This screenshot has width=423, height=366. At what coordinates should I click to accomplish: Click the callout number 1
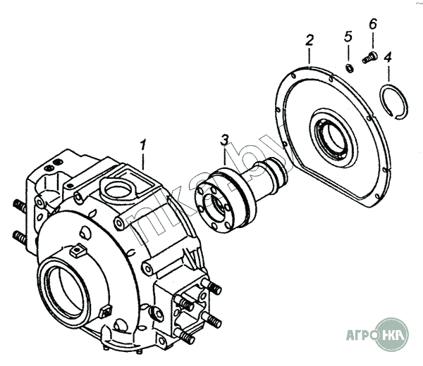pyautogui.click(x=142, y=145)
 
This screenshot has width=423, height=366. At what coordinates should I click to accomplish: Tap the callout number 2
pyautogui.click(x=309, y=40)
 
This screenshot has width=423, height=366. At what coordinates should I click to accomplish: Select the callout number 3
pyautogui.click(x=224, y=139)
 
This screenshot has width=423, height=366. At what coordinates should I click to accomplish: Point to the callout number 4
pyautogui.click(x=388, y=58)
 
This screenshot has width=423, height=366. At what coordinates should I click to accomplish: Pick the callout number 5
pyautogui.click(x=348, y=37)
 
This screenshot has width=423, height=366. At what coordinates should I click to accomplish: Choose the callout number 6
pyautogui.click(x=372, y=24)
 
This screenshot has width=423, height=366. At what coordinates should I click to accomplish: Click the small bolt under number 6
pyautogui.click(x=369, y=57)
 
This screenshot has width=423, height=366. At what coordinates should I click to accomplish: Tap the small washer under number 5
pyautogui.click(x=350, y=68)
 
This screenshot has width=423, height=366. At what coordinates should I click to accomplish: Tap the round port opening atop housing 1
pyautogui.click(x=118, y=191)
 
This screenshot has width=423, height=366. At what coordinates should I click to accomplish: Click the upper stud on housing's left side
pyautogui.click(x=20, y=206)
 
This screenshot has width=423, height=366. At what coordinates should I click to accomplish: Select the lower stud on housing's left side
pyautogui.click(x=19, y=237)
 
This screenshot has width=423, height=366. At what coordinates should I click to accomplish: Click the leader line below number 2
pyautogui.click(x=309, y=56)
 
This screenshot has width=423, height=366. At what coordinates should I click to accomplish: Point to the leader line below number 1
pyautogui.click(x=143, y=161)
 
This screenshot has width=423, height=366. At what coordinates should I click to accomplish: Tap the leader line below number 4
pyautogui.click(x=388, y=73)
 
